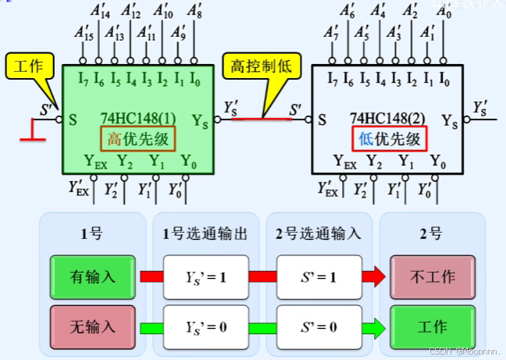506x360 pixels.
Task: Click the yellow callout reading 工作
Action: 28,67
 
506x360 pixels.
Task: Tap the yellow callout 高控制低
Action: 260,67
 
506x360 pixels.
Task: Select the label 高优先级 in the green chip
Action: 137,139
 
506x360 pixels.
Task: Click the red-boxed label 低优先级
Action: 390,139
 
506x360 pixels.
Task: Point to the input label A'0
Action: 444,12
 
